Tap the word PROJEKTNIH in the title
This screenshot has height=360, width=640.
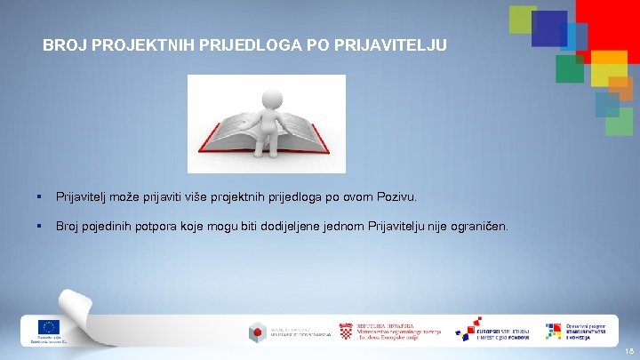129,44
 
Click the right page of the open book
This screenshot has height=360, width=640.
302,133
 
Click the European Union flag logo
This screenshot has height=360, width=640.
48,326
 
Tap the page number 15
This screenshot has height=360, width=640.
628,352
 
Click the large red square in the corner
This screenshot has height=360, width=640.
608,23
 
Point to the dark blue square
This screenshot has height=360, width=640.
548,28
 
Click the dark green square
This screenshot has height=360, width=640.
569,68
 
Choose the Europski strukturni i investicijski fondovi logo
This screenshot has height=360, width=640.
493,331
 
